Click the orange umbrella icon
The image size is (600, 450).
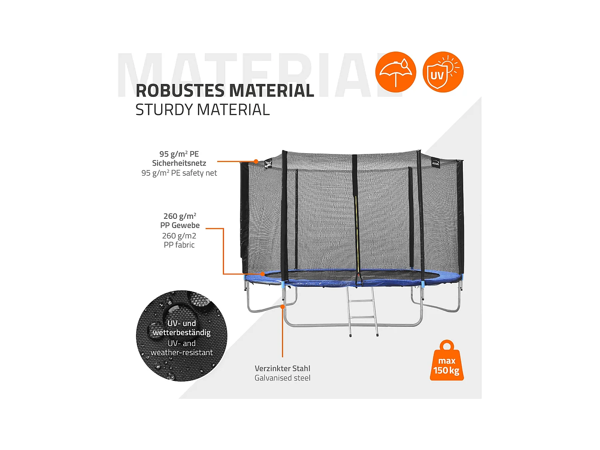[x=396, y=72]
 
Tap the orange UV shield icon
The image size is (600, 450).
[x=443, y=72]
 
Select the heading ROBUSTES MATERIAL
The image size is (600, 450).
[x=225, y=91]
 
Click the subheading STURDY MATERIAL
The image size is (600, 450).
[x=202, y=110]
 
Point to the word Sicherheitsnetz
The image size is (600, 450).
[x=179, y=163]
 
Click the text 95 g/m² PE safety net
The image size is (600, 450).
[x=179, y=173]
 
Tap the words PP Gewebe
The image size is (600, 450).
[x=180, y=225]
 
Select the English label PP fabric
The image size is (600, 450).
[x=179, y=245]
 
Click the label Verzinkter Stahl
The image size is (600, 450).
[x=282, y=368]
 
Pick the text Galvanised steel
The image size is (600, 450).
[x=282, y=378]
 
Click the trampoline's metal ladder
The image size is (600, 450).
[x=362, y=312]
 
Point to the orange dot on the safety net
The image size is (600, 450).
[x=256, y=162]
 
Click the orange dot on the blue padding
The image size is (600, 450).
[x=262, y=274]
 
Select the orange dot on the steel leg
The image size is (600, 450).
[x=282, y=307]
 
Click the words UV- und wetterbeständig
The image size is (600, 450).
[x=182, y=328]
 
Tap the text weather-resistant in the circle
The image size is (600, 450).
[x=182, y=352]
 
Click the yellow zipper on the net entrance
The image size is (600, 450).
[x=356, y=232]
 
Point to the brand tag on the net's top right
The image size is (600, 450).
[x=436, y=163]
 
